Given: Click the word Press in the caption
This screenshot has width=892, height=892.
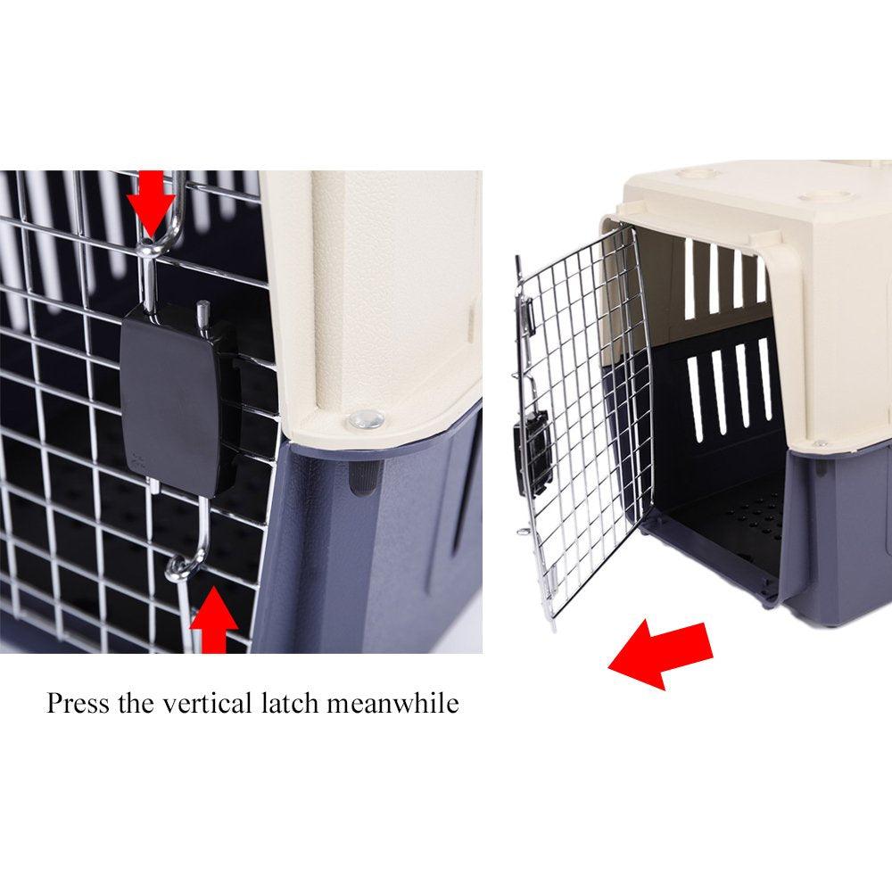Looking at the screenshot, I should click(78, 703).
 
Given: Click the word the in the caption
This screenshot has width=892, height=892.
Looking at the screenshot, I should click(136, 703).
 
